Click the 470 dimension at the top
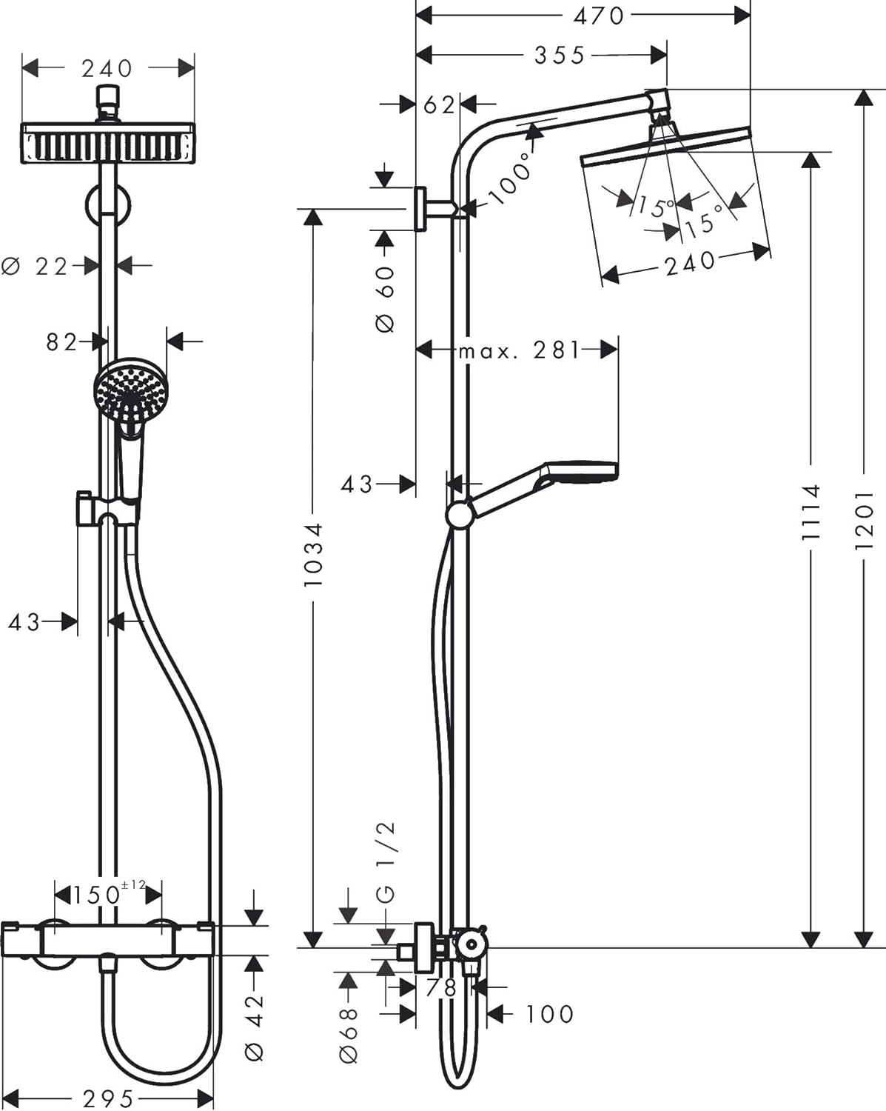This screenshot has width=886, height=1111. pyautogui.click(x=598, y=16)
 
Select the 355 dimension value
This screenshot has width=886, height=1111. pyautogui.click(x=560, y=56)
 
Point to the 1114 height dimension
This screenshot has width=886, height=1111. pyautogui.click(x=811, y=512)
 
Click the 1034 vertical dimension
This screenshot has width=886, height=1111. pyautogui.click(x=313, y=555)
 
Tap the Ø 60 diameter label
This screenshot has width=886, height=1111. pyautogui.click(x=386, y=298)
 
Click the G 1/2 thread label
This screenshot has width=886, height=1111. pyautogui.click(x=386, y=861)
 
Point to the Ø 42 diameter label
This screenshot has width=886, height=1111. pyautogui.click(x=254, y=1027)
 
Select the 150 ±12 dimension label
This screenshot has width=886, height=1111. pyautogui.click(x=108, y=894)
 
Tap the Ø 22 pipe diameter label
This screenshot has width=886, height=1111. pyautogui.click(x=36, y=266)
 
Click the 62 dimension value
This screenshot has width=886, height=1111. pyautogui.click(x=439, y=105)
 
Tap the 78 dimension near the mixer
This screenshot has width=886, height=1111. pyautogui.click(x=441, y=987)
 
